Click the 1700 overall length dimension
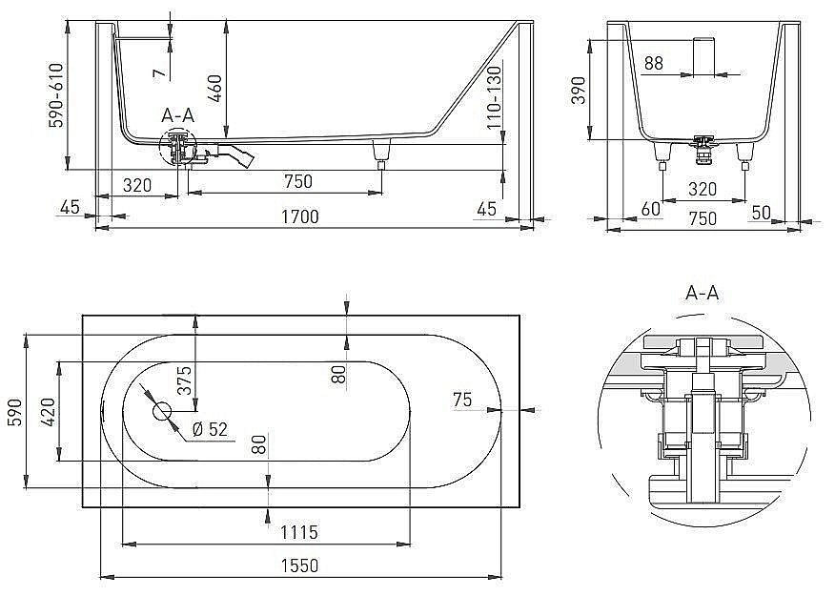click(x=298, y=217)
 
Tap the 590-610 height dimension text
click(x=56, y=94)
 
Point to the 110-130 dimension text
click(x=495, y=97)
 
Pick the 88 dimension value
click(x=653, y=64)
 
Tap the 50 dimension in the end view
click(x=760, y=211)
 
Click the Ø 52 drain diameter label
click(x=210, y=429)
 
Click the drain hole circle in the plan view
click(x=161, y=412)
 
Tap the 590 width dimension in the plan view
click(x=13, y=412)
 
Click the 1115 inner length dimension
click(x=299, y=532)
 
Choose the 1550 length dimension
click(x=299, y=565)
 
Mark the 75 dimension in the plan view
click(x=462, y=401)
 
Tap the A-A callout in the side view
click(x=177, y=115)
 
